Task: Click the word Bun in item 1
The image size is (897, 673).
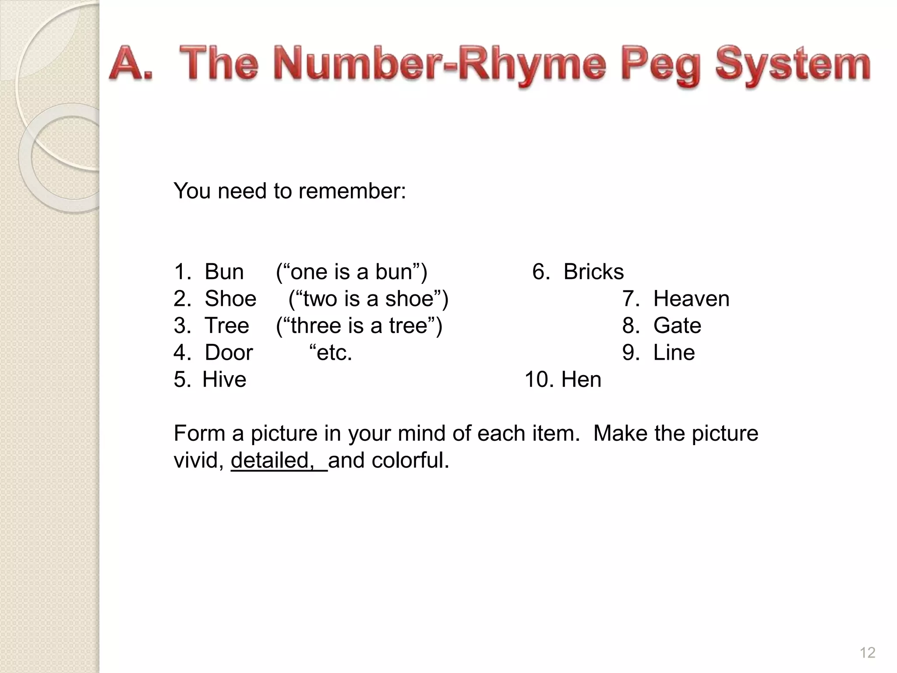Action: pyautogui.click(x=224, y=272)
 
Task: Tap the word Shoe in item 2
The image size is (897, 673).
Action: pyautogui.click(x=230, y=299)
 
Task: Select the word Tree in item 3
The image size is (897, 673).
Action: pyautogui.click(x=227, y=326)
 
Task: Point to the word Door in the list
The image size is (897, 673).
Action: pyautogui.click(x=229, y=353)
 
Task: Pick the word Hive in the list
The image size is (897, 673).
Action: pyautogui.click(x=224, y=379)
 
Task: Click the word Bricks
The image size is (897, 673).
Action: pyautogui.click(x=593, y=272)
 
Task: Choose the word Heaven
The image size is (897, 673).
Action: pyautogui.click(x=691, y=299)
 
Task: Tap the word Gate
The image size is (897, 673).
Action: pyautogui.click(x=677, y=326)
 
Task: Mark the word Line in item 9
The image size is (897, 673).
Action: pyautogui.click(x=674, y=353)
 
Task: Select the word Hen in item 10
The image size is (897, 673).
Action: pyautogui.click(x=581, y=379)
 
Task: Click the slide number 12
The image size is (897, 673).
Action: pyautogui.click(x=867, y=653)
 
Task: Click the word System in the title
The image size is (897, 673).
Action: pyautogui.click(x=793, y=66)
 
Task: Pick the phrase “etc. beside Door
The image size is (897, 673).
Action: pyautogui.click(x=331, y=353)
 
